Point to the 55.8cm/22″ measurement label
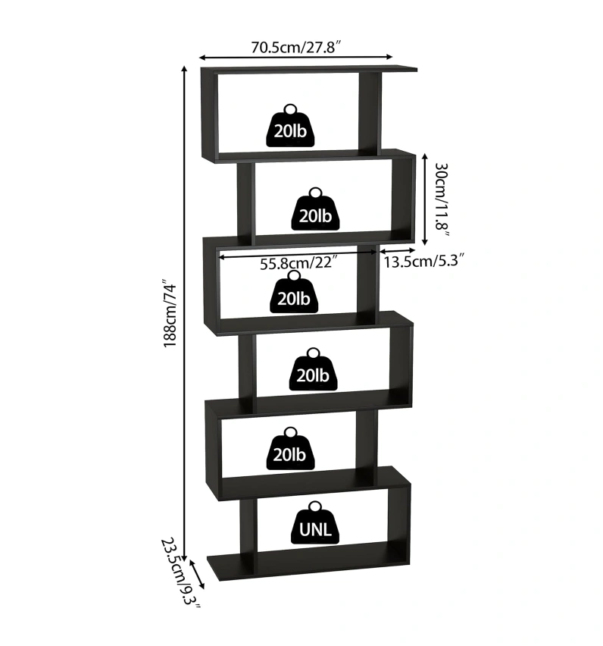tap(298, 264)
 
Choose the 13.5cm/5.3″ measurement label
tap(423, 262)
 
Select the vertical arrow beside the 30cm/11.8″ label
tap(425, 199)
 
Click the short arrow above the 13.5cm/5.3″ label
tap(397, 250)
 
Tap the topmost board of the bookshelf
tap(311, 71)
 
